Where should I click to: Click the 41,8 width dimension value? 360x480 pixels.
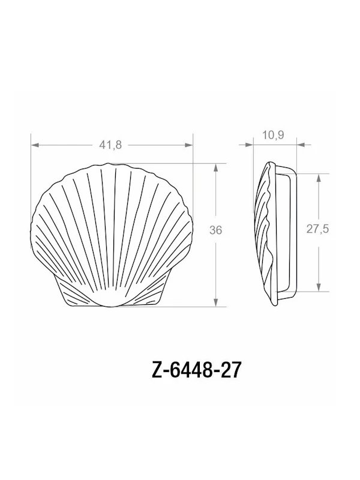110,145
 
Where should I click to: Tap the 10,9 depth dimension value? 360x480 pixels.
273,135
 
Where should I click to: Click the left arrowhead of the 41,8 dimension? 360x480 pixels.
35,145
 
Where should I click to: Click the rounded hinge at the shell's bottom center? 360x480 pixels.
112,301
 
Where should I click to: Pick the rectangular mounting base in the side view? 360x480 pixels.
287,234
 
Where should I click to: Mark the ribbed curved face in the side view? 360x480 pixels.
262,234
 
